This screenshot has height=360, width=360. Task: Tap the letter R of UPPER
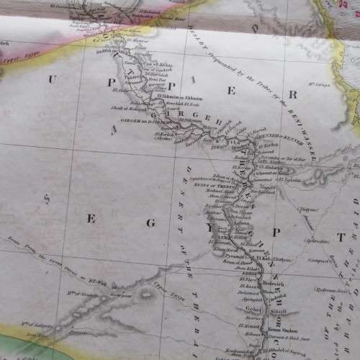pyautogui.click(x=293, y=94)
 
